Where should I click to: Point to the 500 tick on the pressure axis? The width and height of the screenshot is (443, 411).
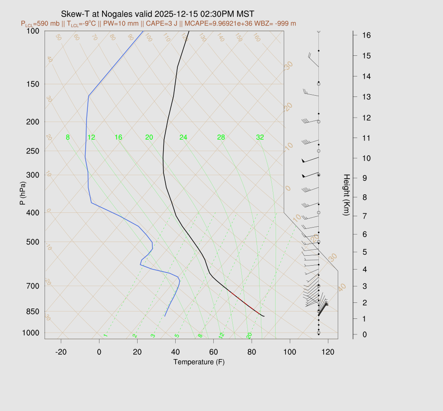point(33,242)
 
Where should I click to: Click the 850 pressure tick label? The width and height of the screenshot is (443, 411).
point(33,311)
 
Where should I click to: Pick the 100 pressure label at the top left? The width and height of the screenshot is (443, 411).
point(33,31)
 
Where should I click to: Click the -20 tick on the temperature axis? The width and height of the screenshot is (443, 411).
point(61,352)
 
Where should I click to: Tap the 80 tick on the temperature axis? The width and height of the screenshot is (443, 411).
point(251,352)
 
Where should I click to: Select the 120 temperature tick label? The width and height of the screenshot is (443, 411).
point(328,352)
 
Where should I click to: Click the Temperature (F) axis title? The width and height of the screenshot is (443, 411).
point(199,362)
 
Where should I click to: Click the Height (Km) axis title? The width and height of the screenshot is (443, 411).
point(346,196)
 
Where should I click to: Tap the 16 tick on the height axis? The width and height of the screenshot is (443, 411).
point(366,35)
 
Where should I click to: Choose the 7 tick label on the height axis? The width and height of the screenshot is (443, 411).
point(365,215)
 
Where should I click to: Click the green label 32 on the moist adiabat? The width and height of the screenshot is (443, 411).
point(260,138)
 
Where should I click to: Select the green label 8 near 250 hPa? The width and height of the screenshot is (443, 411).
point(68,138)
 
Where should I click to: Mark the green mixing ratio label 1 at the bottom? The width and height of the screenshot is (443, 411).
point(105,335)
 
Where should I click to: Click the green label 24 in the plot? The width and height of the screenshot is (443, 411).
point(183,138)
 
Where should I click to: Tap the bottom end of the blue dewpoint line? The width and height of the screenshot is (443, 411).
point(165,316)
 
